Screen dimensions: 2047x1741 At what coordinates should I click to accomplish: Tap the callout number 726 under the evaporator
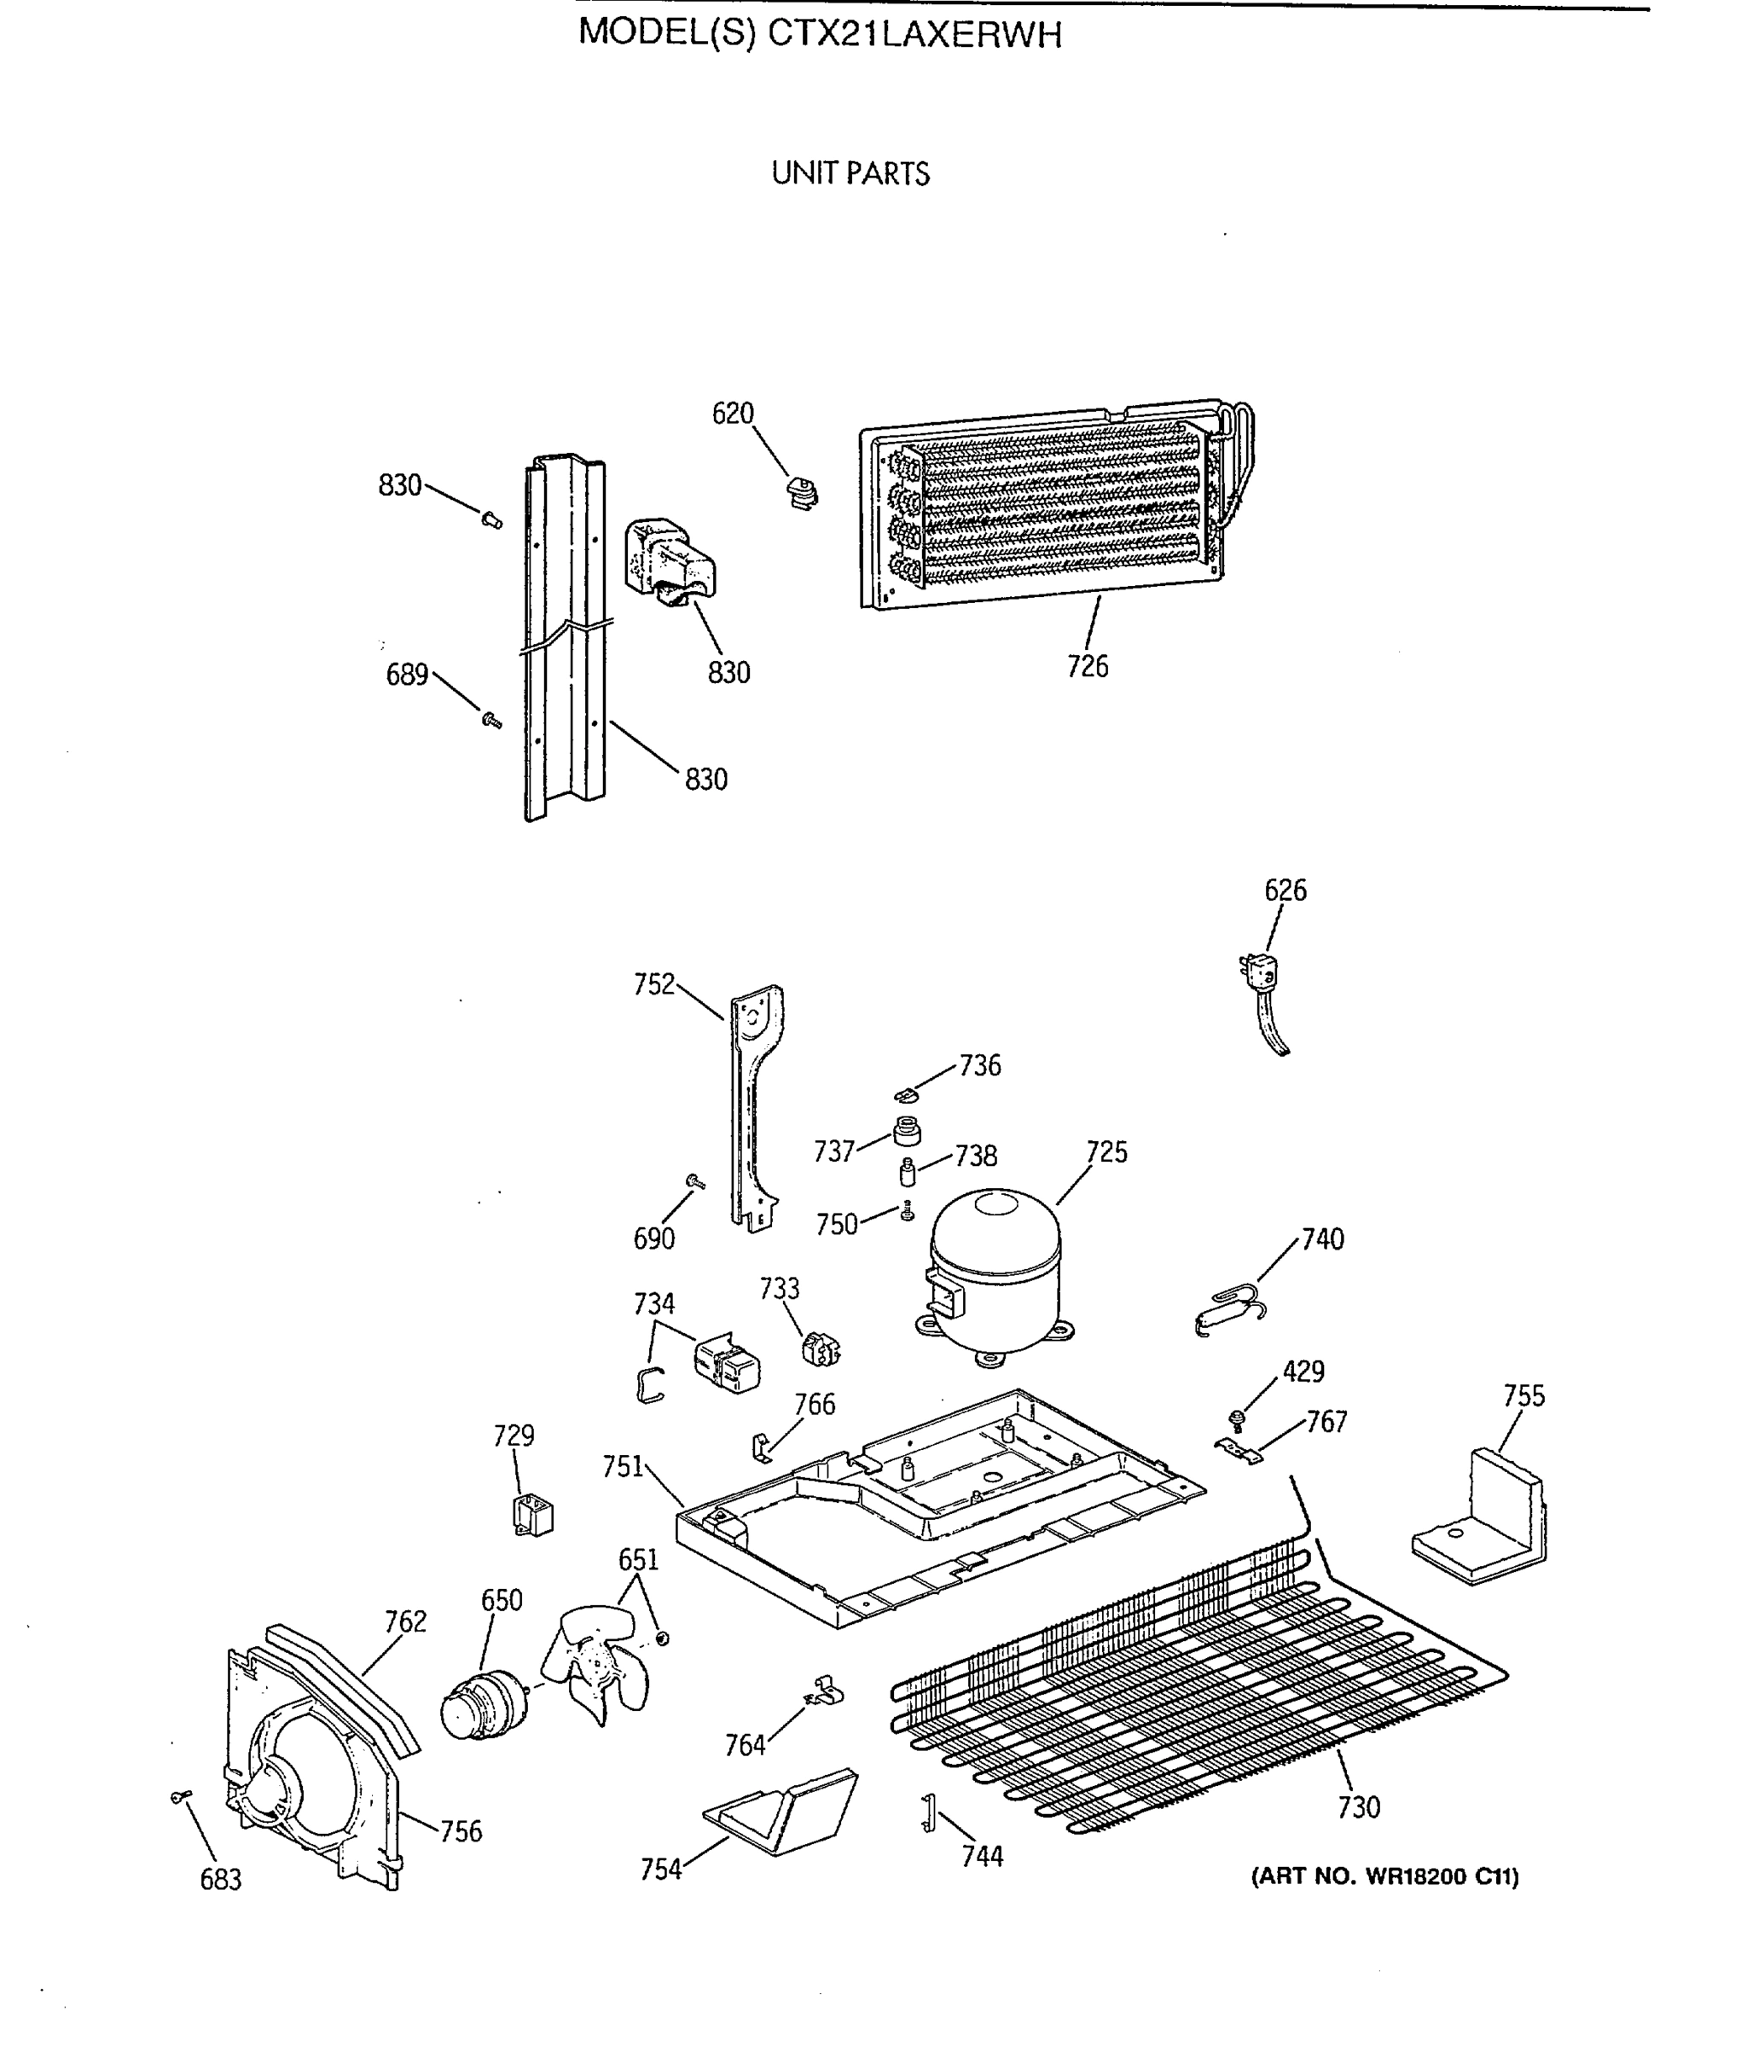[x=1088, y=666]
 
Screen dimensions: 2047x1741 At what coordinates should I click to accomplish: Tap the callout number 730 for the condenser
[x=1358, y=1807]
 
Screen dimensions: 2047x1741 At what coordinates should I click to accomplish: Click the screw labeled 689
[x=490, y=720]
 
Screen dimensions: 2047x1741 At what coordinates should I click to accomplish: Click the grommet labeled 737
[x=906, y=1131]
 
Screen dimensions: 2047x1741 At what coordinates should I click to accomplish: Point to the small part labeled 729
[x=533, y=1515]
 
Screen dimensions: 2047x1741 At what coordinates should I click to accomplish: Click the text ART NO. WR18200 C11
[x=1384, y=1876]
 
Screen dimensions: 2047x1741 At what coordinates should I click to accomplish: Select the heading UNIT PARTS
[x=850, y=174]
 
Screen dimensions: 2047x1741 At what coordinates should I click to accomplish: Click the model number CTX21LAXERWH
[x=915, y=36]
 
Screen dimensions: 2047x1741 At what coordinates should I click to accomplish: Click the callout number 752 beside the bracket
[x=653, y=984]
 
